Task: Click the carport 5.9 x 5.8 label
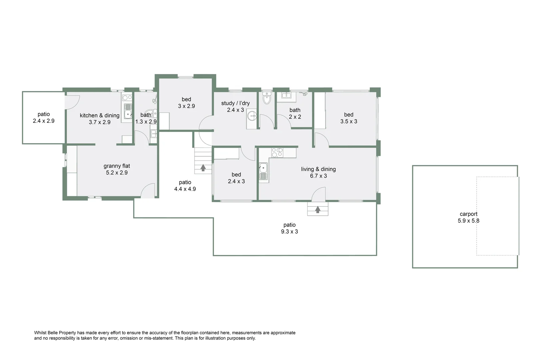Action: (468, 217)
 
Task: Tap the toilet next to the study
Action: (267, 99)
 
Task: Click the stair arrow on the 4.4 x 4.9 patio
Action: (203, 168)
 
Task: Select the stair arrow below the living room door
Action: (318, 210)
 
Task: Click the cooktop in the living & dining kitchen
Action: (277, 153)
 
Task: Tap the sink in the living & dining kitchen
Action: (263, 171)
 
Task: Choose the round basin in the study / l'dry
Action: (252, 116)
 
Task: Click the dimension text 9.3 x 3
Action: (289, 232)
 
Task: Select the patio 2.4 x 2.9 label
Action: (44, 118)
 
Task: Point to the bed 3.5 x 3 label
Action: (348, 118)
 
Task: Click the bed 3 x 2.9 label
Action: (186, 103)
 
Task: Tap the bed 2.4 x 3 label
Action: (236, 178)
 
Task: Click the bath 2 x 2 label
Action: (295, 113)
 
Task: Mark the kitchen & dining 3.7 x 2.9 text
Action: (100, 119)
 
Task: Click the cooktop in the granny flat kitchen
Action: (127, 98)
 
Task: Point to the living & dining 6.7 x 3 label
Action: (318, 172)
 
